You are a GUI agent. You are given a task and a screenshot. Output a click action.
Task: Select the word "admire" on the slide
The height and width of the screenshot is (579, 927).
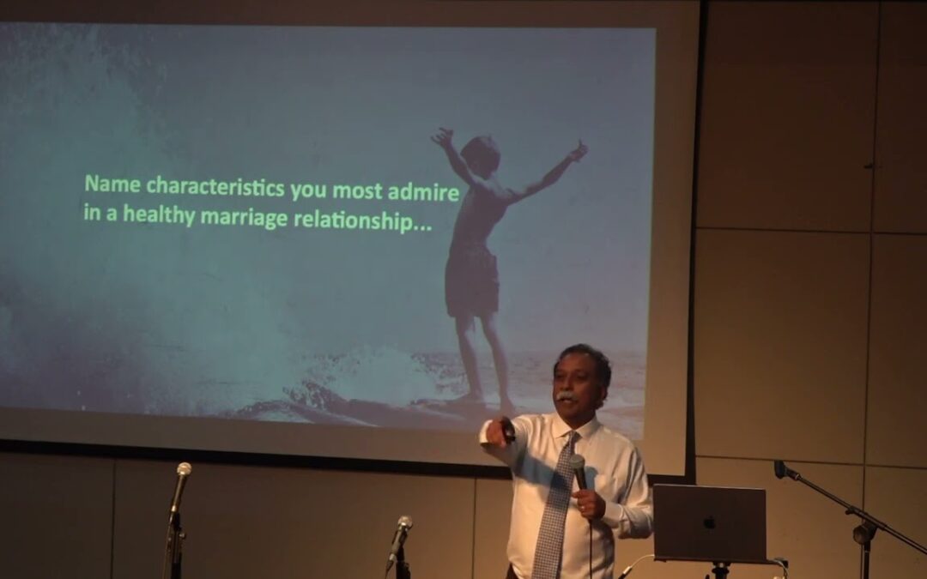click(x=423, y=192)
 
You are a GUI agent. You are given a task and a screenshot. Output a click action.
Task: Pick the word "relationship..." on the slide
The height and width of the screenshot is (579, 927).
click(x=362, y=221)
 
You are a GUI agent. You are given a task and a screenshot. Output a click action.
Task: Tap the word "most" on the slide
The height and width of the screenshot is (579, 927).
click(x=357, y=190)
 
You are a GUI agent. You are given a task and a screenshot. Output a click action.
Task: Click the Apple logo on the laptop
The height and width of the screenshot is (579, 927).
click(x=710, y=522)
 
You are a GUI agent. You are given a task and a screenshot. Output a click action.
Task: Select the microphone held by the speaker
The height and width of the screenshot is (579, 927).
click(x=579, y=473)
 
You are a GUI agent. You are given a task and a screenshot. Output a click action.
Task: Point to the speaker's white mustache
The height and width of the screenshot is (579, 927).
click(x=566, y=396)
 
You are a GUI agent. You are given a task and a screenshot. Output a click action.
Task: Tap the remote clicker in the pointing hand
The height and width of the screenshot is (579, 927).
click(x=506, y=431)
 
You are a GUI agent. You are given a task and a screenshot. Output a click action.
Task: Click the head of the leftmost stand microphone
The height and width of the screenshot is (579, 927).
click(x=184, y=470)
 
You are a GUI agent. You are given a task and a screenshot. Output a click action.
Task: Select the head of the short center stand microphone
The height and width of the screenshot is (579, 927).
click(x=404, y=523)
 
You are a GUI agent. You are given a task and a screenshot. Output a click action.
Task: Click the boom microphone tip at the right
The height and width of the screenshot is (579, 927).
click(x=782, y=468)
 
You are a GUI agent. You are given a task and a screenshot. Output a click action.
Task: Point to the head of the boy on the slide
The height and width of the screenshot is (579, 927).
click(x=481, y=154)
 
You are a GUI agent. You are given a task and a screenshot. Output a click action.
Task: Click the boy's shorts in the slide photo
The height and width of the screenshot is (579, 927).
click(x=472, y=280)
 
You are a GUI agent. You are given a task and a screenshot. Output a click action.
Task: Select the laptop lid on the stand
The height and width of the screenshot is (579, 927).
click(x=710, y=523)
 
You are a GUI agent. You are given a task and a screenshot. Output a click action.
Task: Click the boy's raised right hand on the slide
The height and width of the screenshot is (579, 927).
click(x=578, y=151)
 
